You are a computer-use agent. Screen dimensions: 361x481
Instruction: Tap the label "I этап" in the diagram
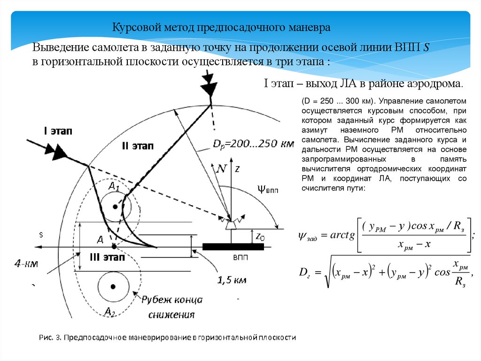click(58, 131)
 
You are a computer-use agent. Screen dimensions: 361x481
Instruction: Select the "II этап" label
click(137, 146)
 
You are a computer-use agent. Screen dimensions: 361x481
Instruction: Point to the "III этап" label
click(107, 257)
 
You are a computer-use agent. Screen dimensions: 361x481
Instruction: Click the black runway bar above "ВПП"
click(232, 246)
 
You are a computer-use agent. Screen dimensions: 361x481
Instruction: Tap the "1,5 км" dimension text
click(232, 281)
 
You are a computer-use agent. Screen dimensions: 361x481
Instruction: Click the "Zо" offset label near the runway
click(259, 238)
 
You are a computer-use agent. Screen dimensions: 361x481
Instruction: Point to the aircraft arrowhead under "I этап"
click(58, 152)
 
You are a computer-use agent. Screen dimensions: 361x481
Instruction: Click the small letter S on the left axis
click(41, 234)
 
